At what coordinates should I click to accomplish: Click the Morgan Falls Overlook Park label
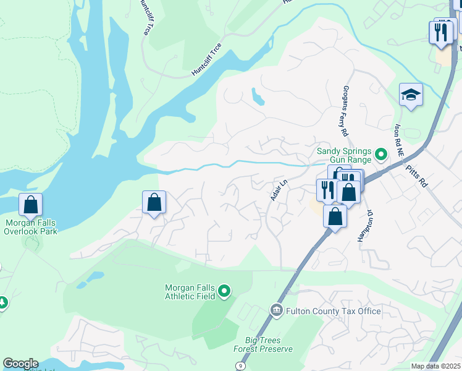click(30, 226)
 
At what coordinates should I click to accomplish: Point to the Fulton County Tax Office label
click(333, 311)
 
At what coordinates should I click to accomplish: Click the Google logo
click(20, 364)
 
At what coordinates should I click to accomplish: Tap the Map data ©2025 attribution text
click(435, 366)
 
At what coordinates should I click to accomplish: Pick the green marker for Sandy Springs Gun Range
click(381, 153)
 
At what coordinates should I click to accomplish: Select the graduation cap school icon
click(411, 95)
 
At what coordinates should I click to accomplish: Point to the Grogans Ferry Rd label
click(345, 111)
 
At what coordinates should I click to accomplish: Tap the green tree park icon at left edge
click(2, 302)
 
